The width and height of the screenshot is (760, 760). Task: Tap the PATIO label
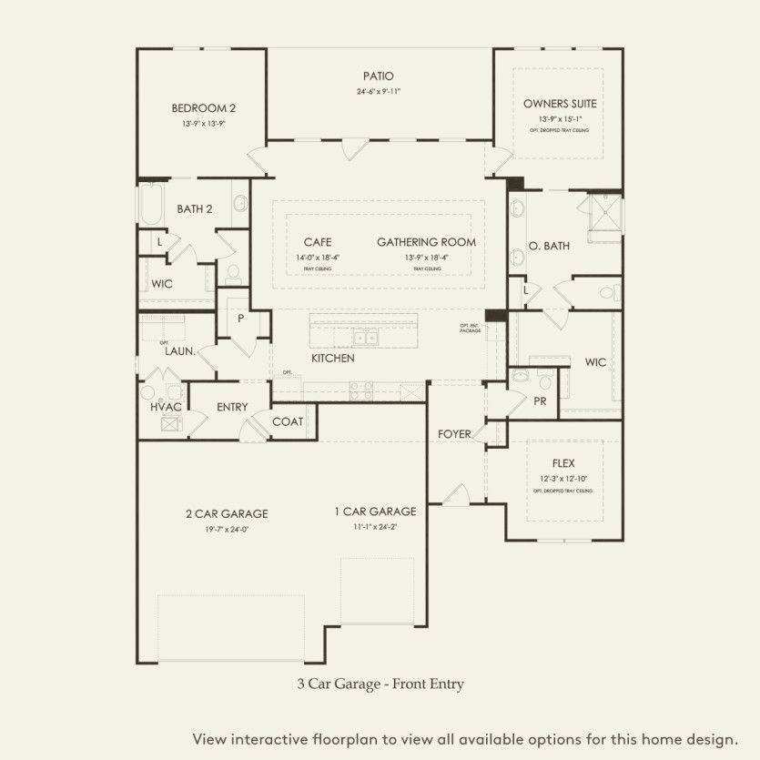click(x=378, y=76)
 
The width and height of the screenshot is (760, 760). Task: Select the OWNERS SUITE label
click(x=560, y=104)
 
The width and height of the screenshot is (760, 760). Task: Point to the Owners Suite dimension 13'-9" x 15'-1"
click(x=560, y=119)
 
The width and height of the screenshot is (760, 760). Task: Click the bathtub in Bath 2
click(x=150, y=205)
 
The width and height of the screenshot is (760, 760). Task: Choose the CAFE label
click(x=318, y=243)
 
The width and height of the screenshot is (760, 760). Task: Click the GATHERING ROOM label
click(x=426, y=243)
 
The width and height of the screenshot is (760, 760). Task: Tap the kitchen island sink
click(x=367, y=339)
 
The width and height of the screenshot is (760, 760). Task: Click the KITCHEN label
click(x=332, y=359)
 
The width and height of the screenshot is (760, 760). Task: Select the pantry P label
click(x=241, y=319)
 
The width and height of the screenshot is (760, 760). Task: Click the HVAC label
click(x=166, y=407)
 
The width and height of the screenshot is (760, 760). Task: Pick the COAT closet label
click(x=288, y=421)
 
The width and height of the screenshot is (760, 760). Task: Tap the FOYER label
click(x=454, y=434)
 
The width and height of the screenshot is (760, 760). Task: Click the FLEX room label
click(x=563, y=463)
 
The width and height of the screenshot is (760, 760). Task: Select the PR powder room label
click(x=540, y=400)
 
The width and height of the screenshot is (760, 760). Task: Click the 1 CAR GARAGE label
click(x=374, y=512)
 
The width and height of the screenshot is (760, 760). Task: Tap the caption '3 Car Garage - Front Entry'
click(x=380, y=682)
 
